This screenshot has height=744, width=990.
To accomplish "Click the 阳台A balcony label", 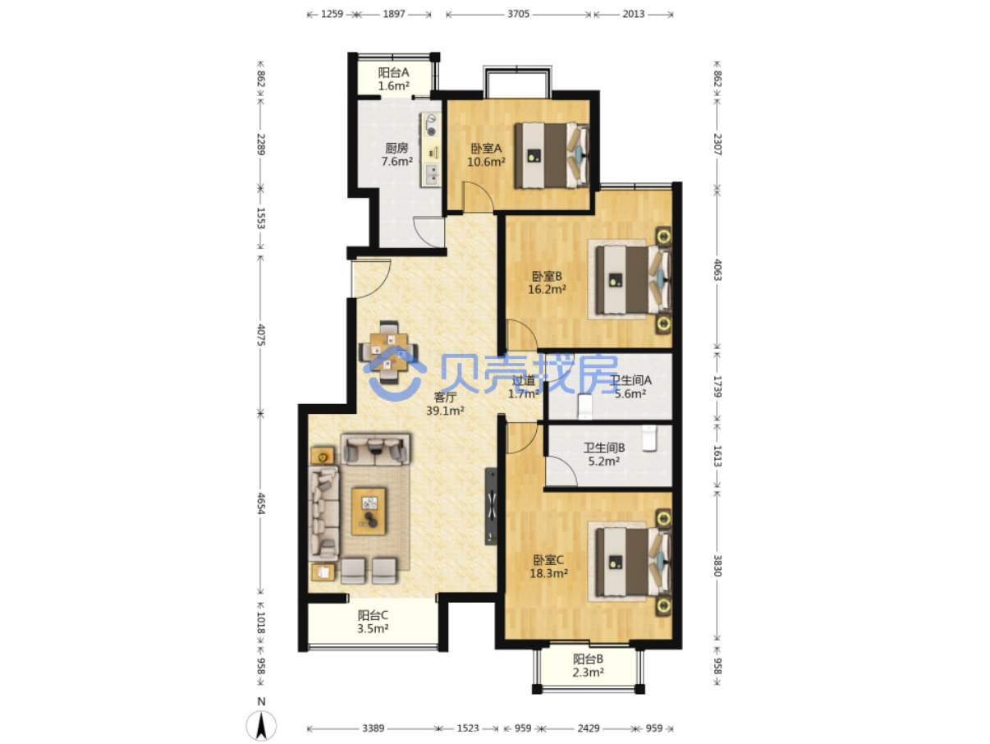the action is pos(393,72).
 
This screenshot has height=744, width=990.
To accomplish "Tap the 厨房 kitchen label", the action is pos(396,148).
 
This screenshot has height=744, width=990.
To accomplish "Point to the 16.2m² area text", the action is pos(547,289).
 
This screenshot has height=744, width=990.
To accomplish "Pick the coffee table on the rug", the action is pos(369,511).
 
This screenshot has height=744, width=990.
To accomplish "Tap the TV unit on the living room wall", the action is pos(491,506).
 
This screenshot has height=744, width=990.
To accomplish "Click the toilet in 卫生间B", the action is pos(649,438).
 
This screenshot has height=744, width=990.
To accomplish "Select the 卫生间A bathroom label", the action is pos(630,380).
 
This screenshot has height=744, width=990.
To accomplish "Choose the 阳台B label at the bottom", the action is pos(588,659).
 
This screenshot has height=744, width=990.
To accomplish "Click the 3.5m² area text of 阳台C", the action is pos(373,628).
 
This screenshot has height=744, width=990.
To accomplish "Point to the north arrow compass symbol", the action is pos(261,725).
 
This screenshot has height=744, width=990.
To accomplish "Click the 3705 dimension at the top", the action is pos(518,14).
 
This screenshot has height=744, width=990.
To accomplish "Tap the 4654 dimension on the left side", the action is pos(261,503).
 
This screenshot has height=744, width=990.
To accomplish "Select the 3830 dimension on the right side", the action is pos(717,566).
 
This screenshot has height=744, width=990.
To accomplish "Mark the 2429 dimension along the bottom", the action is pos(589,728).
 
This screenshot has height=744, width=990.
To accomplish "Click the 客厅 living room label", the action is pos(445,397).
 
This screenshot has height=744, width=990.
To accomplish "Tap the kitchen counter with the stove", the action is pos(431,149).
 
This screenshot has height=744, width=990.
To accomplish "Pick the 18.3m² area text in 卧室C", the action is pos(548,573).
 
